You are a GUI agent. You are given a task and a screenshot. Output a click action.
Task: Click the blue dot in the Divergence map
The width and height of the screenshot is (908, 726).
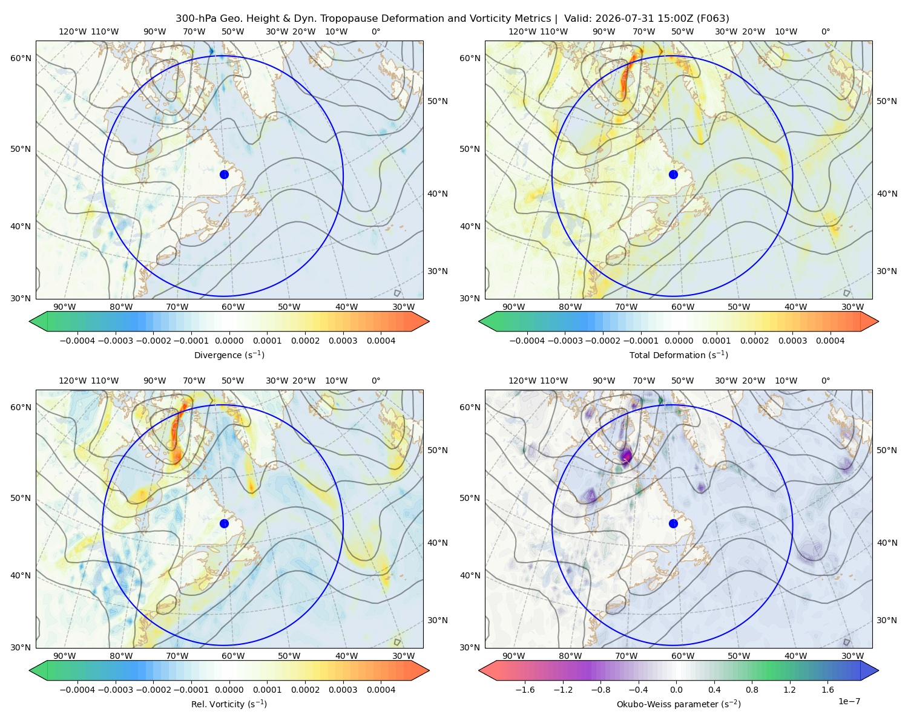[224, 174]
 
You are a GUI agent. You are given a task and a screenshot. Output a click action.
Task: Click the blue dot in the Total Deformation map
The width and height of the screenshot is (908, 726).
[673, 174]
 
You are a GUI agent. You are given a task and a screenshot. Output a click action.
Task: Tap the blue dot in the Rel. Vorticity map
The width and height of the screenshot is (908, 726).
[224, 523]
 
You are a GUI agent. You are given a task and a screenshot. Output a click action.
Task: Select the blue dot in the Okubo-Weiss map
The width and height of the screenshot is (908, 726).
[673, 523]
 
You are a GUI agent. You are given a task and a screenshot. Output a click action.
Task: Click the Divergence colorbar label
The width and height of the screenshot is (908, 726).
[229, 355]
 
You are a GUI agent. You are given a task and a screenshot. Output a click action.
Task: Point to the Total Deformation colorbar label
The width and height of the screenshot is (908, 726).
[679, 355]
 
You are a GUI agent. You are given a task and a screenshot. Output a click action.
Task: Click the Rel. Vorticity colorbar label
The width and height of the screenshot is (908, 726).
[229, 704]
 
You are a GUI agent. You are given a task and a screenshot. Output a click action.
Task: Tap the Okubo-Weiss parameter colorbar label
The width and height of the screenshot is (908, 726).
[679, 704]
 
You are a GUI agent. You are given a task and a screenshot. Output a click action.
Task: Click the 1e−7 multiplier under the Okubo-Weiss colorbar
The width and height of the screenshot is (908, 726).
[849, 701]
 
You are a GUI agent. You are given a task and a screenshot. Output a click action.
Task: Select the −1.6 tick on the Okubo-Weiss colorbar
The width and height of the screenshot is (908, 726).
[525, 689]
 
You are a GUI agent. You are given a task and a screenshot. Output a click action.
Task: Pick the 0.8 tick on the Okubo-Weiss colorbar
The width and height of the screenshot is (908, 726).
[752, 689]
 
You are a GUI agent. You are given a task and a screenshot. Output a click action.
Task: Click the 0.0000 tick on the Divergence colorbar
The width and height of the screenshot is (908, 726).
[229, 341]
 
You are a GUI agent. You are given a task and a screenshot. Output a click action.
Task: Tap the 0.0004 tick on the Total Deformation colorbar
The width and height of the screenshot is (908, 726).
[830, 341]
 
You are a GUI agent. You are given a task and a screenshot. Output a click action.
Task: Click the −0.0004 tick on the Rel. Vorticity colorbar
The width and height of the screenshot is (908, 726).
[77, 689]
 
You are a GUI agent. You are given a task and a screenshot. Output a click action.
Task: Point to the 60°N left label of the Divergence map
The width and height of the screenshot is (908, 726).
[21, 58]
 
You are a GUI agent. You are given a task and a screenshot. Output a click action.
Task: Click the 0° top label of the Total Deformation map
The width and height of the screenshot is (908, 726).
[825, 31]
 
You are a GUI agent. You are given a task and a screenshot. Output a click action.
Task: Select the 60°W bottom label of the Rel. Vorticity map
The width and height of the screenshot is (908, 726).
[233, 656]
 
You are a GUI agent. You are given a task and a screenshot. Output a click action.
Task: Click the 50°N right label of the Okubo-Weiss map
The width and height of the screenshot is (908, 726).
[887, 450]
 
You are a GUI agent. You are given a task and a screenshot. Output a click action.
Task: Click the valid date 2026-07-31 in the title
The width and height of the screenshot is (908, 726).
[617, 18]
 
